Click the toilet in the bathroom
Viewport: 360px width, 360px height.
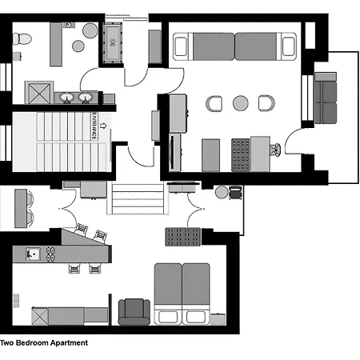pos(22,38)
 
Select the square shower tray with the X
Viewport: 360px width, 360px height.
pos(39,92)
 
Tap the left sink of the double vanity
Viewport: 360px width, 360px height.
pos(66,98)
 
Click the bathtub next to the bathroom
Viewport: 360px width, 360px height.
pos(113,43)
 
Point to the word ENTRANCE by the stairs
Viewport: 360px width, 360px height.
pos(94,126)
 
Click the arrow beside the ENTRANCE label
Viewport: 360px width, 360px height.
pos(103,126)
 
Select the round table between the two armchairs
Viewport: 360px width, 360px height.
pos(241,103)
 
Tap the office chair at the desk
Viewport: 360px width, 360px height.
pos(275,150)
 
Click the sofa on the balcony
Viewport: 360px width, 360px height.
pos(326,98)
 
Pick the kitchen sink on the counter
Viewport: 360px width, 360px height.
pos(33,254)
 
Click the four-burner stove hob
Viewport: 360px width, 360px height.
pos(50,254)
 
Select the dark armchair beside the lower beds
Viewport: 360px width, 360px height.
pos(134,312)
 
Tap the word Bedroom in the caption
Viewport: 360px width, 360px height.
pos(32,342)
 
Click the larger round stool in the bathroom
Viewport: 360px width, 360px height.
pos(90,30)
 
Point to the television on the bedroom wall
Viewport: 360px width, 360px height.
pos(171,152)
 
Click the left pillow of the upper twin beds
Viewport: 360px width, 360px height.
pos(181,46)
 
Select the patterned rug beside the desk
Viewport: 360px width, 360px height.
pos(241,155)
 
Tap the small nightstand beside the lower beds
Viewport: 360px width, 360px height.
pos(218,319)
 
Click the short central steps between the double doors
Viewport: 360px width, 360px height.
pos(138,198)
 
